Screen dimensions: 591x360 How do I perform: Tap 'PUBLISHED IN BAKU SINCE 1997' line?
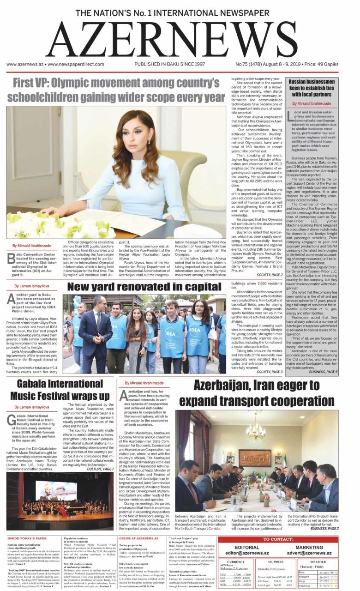point(169,65)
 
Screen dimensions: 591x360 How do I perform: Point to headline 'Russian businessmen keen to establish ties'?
point(312,88)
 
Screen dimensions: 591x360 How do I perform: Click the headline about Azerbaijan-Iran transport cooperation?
point(256,392)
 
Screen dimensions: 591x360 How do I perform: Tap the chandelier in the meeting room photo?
point(255,432)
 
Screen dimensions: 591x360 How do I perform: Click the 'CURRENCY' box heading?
point(236,562)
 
